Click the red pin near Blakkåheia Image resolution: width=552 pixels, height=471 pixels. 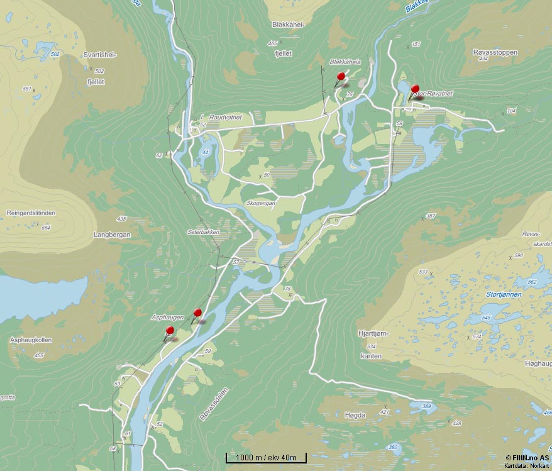point(341,77)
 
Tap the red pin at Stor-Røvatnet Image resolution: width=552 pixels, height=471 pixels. point(415,89)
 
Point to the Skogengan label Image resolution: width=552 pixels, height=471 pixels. point(262,203)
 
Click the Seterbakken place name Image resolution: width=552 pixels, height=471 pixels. point(203,232)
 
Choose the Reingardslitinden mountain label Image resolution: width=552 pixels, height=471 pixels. point(31,213)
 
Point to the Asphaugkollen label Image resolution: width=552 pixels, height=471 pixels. point(31,340)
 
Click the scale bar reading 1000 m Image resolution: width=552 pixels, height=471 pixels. point(266,457)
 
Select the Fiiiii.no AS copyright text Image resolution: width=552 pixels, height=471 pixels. point(528,458)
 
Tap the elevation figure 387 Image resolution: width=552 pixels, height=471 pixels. point(431,216)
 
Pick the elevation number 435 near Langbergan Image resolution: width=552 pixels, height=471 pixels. point(122,219)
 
